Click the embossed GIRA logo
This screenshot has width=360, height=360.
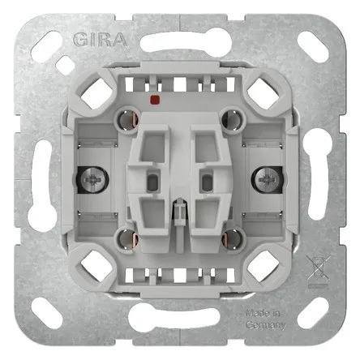[100, 40]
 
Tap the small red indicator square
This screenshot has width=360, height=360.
[155, 100]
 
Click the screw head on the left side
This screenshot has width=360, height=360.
[92, 180]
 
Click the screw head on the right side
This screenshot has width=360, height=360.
[267, 180]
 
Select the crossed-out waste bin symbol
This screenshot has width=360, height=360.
[318, 268]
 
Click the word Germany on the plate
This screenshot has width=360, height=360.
[265, 325]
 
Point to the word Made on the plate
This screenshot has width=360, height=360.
[256, 314]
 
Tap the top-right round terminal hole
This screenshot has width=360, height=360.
[232, 118]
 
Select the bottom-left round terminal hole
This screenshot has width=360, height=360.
[126, 238]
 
